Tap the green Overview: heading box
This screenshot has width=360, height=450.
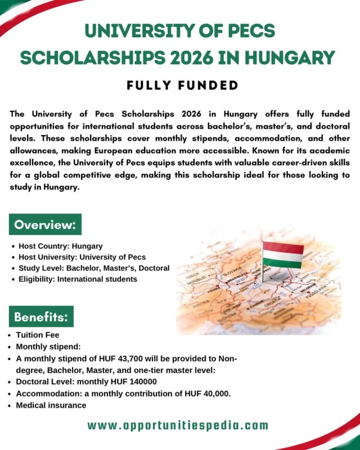(46, 224)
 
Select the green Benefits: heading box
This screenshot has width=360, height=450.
(41, 317)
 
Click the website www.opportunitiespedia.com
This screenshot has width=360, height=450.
(178, 425)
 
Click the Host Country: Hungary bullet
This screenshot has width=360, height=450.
(61, 246)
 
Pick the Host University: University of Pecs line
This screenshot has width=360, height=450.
(82, 257)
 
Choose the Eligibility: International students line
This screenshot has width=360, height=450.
(78, 278)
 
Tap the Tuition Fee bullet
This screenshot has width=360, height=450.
(38, 334)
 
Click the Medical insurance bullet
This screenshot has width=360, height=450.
(51, 404)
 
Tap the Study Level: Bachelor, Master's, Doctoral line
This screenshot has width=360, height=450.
(94, 268)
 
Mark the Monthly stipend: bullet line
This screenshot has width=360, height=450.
(49, 346)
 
